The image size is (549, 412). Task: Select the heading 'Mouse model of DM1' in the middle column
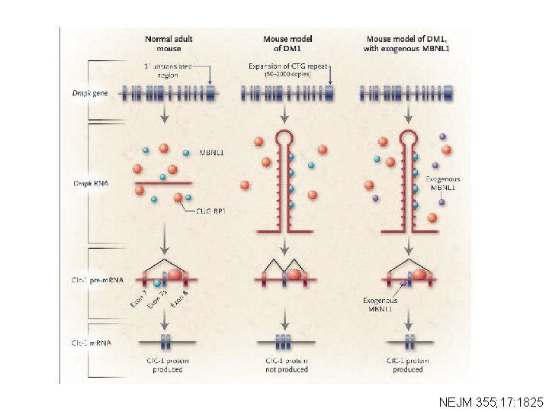click(287, 42)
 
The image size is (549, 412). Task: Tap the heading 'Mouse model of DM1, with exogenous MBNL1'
click(406, 42)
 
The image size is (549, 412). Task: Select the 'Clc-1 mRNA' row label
click(91, 343)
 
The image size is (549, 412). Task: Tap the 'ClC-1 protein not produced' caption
click(286, 364)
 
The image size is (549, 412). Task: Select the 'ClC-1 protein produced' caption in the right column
click(405, 364)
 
